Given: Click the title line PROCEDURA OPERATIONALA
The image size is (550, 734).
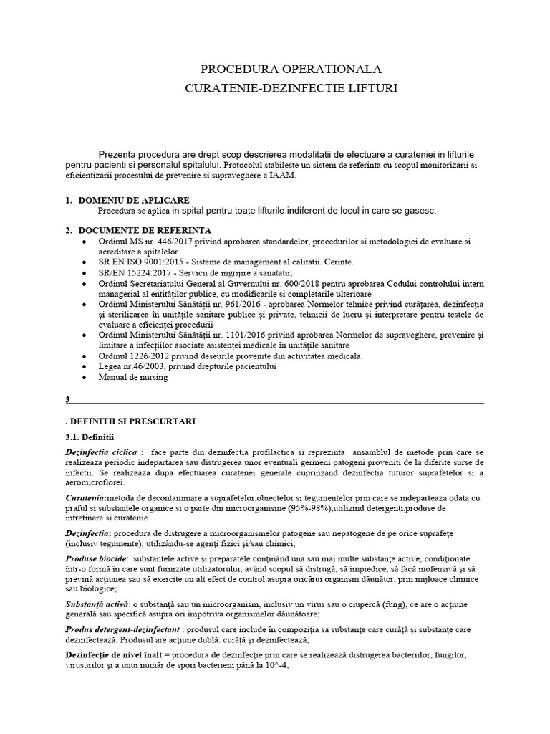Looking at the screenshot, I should (291, 70).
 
